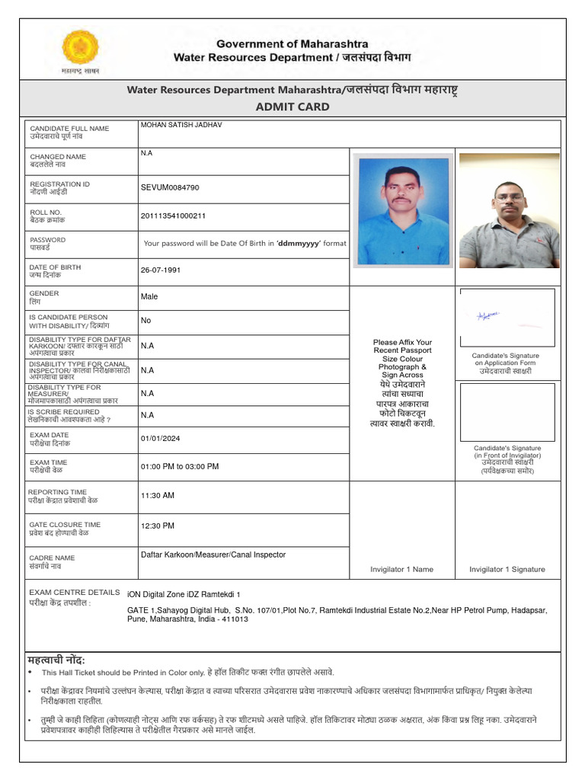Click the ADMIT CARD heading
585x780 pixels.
[x=292, y=107]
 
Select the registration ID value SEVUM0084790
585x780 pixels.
[x=170, y=187]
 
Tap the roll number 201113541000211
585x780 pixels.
[x=173, y=216]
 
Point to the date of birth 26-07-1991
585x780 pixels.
[x=161, y=270]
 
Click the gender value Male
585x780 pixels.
[x=149, y=296]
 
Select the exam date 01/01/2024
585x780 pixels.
[x=161, y=438]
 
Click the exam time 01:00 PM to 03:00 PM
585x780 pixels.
[x=180, y=466]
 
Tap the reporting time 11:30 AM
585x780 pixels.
[x=158, y=495]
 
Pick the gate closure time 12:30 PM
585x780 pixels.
[x=158, y=526]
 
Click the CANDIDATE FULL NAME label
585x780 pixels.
[x=69, y=129]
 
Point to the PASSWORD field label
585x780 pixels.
[x=47, y=240]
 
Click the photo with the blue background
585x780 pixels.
[x=403, y=211]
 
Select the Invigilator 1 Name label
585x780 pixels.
[x=401, y=569]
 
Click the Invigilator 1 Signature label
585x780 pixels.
[x=507, y=569]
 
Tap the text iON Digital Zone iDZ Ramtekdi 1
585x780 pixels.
[x=184, y=593]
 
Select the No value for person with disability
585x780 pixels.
[x=145, y=321]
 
